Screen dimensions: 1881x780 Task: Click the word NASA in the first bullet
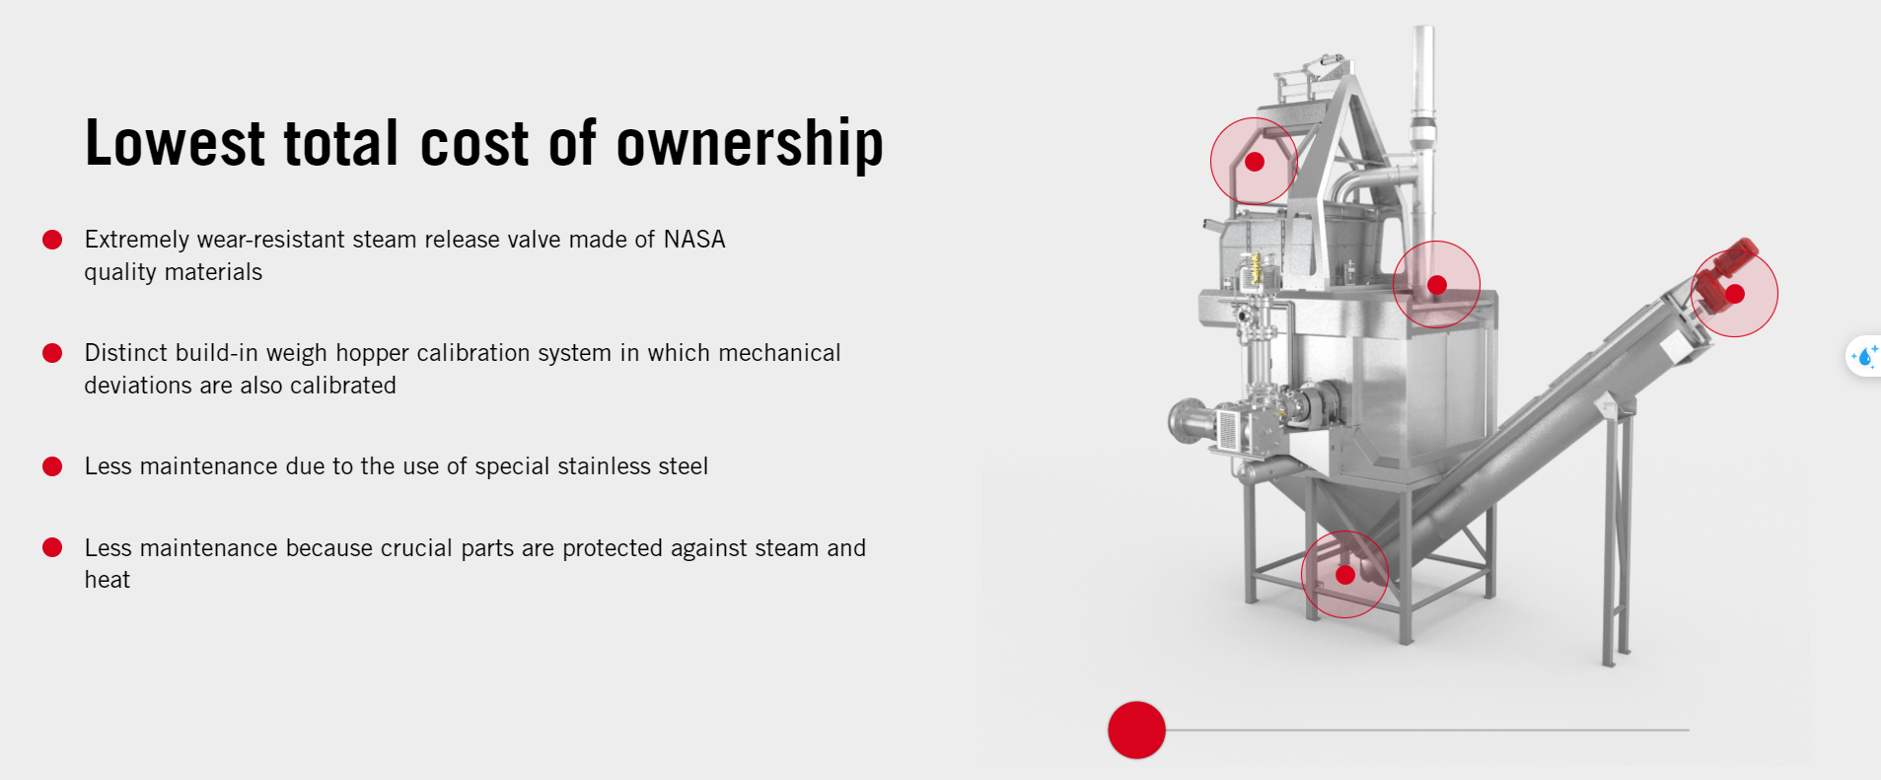click(694, 240)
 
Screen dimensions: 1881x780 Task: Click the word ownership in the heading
click(750, 144)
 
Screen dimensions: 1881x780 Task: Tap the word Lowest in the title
click(175, 143)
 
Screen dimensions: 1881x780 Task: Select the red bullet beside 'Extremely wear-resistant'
click(52, 240)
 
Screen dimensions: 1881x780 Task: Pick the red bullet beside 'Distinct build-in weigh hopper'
click(52, 353)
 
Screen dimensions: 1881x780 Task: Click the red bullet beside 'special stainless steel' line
click(52, 466)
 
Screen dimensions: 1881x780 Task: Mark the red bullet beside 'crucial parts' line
click(52, 547)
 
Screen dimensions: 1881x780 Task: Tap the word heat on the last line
click(108, 580)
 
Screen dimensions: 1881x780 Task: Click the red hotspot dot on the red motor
click(1735, 294)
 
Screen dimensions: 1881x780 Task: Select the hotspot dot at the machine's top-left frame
click(1255, 162)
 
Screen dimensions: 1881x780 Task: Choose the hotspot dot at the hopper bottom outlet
click(1345, 575)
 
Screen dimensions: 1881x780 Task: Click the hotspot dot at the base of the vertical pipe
click(1437, 285)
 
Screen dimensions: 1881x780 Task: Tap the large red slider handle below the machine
click(1136, 730)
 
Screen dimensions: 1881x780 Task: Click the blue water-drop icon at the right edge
click(1865, 356)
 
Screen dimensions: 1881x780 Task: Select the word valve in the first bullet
click(534, 240)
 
